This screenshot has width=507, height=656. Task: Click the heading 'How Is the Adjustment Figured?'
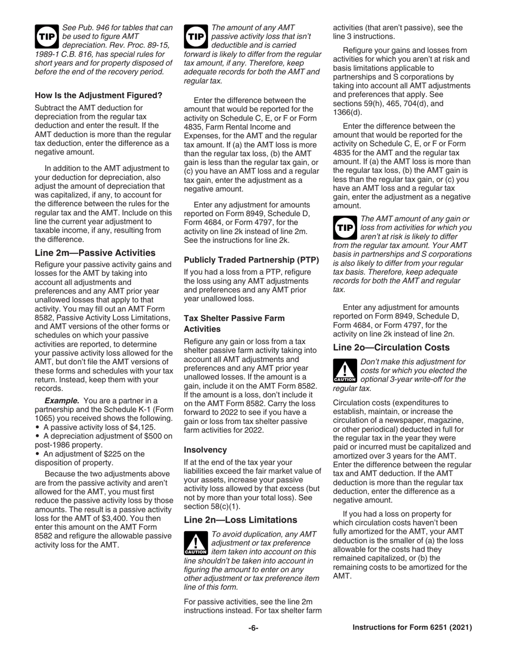98,96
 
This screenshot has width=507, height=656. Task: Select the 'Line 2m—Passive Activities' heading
95,253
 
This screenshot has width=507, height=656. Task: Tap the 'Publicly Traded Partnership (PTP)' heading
251,260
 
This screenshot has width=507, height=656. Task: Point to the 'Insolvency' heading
205,450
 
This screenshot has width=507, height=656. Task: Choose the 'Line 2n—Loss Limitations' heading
240,519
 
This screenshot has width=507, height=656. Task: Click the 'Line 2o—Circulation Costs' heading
391,347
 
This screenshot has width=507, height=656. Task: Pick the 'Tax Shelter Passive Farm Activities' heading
234,323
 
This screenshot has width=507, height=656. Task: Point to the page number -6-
253,628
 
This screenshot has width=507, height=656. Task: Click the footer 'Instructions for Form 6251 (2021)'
412,628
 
